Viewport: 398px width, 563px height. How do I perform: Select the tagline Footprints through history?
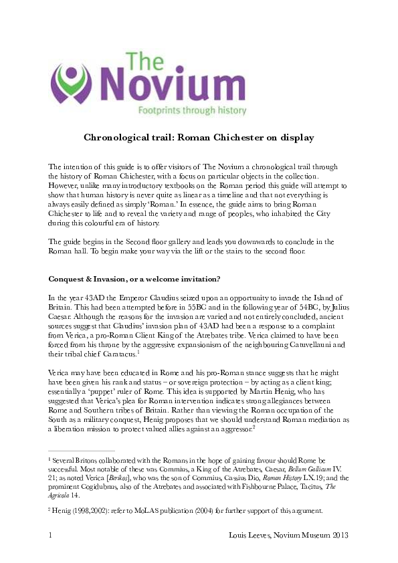(x=191, y=110)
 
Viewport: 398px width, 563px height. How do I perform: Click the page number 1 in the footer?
(x=51, y=536)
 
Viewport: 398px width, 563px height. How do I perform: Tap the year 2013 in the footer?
(x=337, y=536)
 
